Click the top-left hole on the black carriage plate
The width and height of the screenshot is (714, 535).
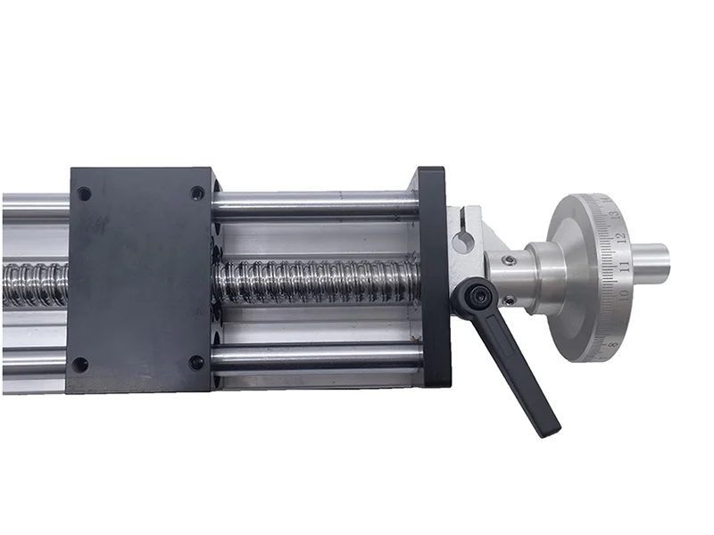84,193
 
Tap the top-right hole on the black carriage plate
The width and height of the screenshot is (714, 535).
197,193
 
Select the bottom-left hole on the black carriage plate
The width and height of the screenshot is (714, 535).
80,365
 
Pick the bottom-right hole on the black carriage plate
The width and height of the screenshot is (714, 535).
196,363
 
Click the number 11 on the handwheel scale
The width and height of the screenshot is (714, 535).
625,266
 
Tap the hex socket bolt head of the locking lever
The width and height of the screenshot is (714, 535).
471,295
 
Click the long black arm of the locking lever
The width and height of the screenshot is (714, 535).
522,374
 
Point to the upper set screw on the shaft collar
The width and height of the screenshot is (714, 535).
509,260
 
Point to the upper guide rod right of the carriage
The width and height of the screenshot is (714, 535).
312,207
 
